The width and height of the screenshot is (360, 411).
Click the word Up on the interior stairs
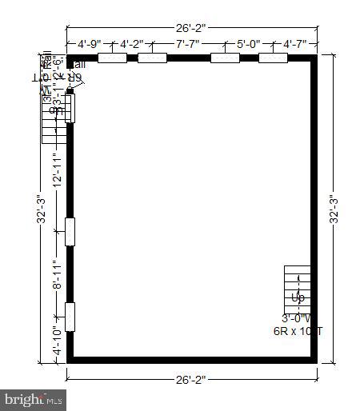[298, 298]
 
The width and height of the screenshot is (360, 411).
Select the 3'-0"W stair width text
[298, 317]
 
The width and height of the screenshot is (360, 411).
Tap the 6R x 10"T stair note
[298, 330]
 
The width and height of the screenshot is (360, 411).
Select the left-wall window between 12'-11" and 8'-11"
[70, 231]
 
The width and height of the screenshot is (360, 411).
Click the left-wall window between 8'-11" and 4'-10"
[70, 317]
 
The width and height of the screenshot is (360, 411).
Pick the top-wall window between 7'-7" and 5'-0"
[224, 58]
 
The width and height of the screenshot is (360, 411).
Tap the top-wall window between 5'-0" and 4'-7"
[273, 58]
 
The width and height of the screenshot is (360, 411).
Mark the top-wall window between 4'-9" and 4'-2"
[112, 58]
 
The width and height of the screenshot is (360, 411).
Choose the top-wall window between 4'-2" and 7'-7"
[152, 58]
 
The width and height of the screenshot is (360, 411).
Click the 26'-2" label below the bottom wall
[191, 381]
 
